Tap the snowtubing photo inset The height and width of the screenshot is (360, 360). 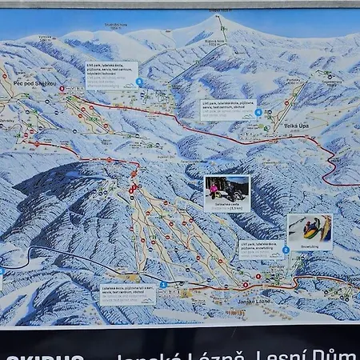click(x=310, y=230)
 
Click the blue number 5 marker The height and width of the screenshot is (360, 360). click(x=140, y=82)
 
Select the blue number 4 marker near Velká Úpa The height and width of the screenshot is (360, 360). click(x=258, y=112)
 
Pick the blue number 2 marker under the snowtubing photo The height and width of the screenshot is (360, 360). click(x=286, y=250)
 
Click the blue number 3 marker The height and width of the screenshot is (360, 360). click(x=163, y=284)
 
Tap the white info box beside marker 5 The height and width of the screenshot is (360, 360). click(x=112, y=75)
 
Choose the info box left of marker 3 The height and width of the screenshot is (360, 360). click(x=128, y=295)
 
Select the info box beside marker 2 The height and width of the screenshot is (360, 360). click(x=259, y=250)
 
